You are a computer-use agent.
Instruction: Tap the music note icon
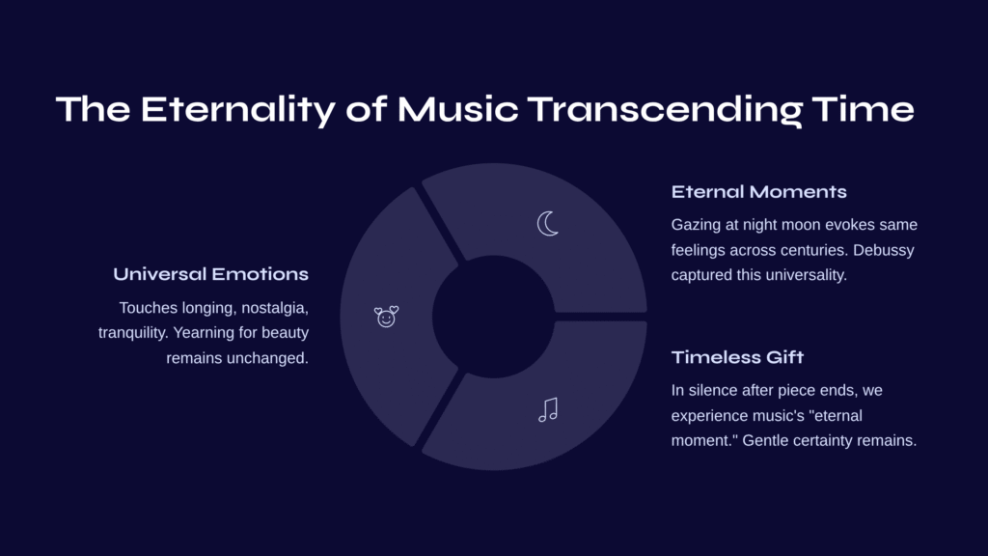[x=548, y=409]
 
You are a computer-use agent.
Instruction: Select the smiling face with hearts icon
[x=386, y=317]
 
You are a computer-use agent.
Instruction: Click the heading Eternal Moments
[x=758, y=192]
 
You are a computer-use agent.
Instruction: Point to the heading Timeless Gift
[x=737, y=357]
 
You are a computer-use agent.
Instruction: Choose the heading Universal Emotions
[x=210, y=274]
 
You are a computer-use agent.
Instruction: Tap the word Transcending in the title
[x=665, y=110]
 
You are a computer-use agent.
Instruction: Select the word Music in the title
[x=457, y=109]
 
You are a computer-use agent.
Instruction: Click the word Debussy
[x=884, y=250]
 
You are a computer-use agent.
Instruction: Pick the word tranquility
[x=133, y=333]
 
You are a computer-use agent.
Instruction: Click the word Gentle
[x=764, y=440]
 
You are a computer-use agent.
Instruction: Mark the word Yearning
[x=203, y=333]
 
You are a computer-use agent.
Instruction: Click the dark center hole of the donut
[x=493, y=317]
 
